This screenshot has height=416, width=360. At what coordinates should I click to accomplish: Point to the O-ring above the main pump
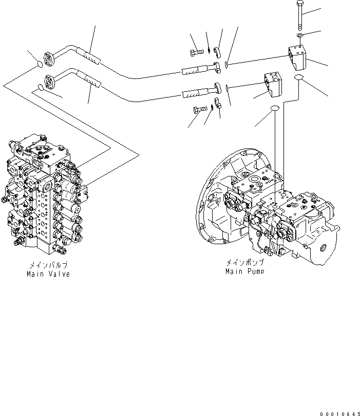[275, 109]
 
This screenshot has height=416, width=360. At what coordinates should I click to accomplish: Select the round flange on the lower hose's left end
[50, 81]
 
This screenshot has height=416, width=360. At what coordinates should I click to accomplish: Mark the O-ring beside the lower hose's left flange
[41, 88]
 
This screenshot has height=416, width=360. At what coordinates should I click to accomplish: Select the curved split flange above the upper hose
[218, 51]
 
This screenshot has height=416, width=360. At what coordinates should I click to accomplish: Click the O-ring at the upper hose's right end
[226, 65]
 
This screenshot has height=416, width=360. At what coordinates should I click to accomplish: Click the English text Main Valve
[48, 274]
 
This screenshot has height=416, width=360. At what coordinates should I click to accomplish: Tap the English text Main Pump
[244, 271]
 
